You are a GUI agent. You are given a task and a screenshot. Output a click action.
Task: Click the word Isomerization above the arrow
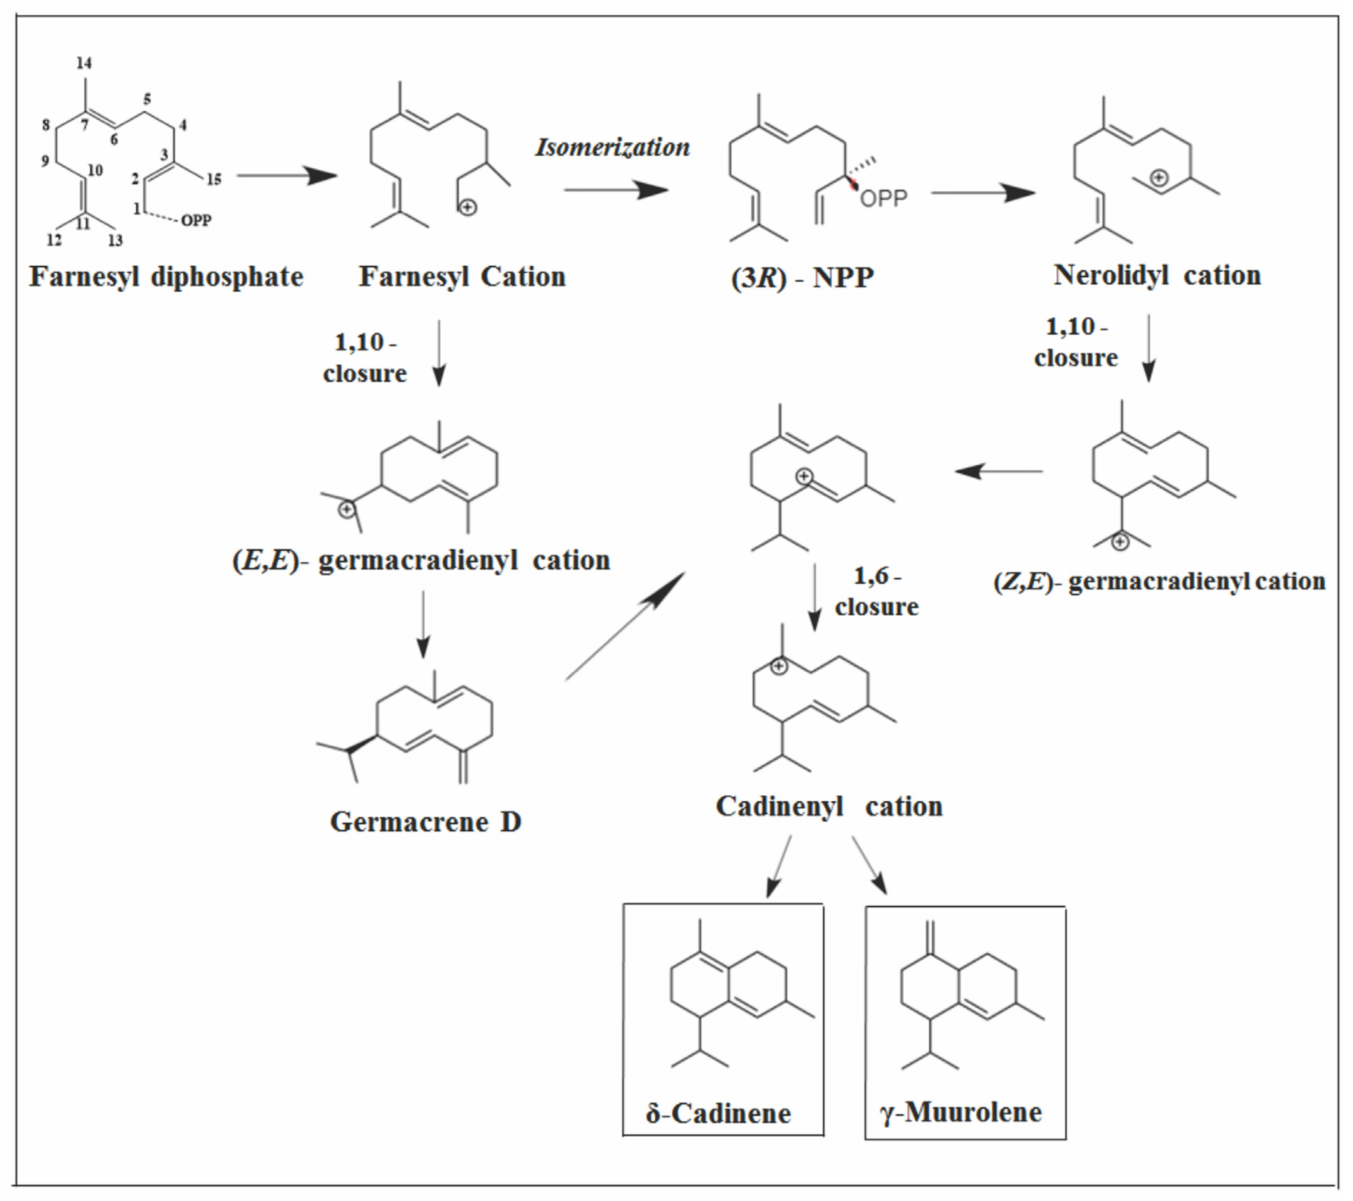coord(612,147)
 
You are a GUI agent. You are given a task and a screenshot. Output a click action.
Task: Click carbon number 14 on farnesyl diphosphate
coord(84,63)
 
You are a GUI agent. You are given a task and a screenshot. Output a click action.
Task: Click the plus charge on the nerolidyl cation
coord(1159,178)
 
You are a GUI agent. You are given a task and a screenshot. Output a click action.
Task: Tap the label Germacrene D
coord(426,822)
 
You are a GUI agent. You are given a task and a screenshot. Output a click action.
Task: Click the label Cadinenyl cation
coord(829,806)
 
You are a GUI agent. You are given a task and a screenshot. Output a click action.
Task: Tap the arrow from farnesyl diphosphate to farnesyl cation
coord(287,175)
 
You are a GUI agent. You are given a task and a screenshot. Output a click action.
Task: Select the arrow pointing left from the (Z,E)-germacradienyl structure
coord(999,471)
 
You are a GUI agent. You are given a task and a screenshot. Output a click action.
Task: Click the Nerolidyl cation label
coord(1157,275)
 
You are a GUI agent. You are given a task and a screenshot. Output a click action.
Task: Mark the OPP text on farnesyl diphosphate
coord(196,220)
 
